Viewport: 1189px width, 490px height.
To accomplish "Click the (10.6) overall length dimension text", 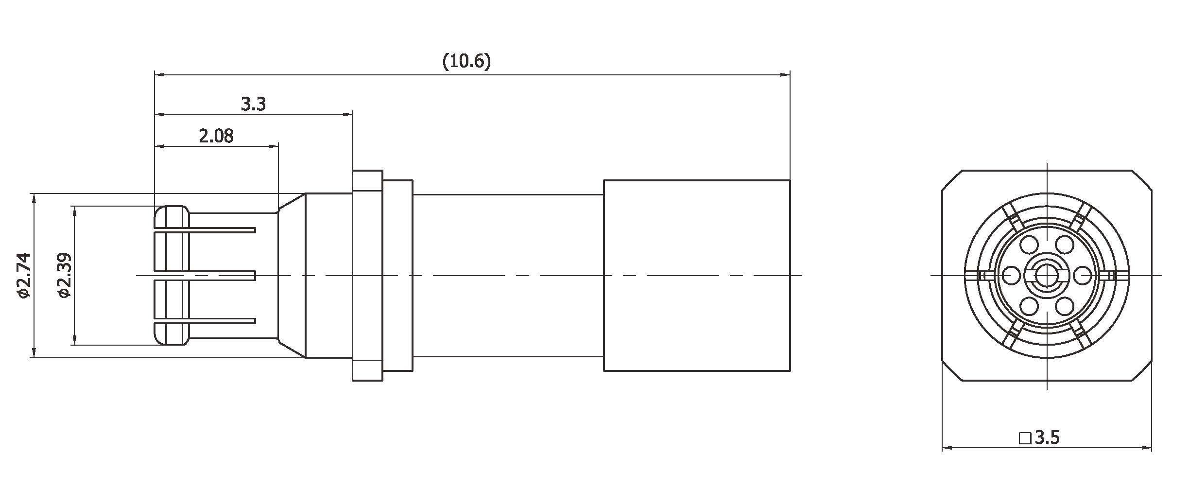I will [x=466, y=62].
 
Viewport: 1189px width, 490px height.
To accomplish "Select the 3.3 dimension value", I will [x=253, y=104].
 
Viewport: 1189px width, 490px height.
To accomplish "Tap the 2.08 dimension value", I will [x=216, y=136].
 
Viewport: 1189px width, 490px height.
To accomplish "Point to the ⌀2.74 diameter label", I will [x=23, y=275].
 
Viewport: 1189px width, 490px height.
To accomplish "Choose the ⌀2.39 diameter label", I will [x=64, y=275].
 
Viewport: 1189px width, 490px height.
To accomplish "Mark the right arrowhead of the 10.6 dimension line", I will [x=785, y=75].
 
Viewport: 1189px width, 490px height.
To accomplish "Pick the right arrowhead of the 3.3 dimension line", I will [x=347, y=114].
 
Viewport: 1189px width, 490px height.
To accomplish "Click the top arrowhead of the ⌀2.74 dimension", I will [x=34, y=198].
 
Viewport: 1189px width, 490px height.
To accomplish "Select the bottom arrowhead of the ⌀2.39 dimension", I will [x=74, y=340].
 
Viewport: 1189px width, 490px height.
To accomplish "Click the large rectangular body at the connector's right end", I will [x=696, y=275].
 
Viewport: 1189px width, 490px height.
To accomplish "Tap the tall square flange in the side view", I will [x=367, y=275].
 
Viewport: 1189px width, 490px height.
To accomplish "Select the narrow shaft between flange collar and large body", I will [x=508, y=275].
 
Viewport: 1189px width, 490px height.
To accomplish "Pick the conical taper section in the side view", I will [x=292, y=275].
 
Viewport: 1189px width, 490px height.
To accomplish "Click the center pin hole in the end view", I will [x=1047, y=276].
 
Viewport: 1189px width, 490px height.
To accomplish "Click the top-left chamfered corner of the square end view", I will [x=952, y=180].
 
